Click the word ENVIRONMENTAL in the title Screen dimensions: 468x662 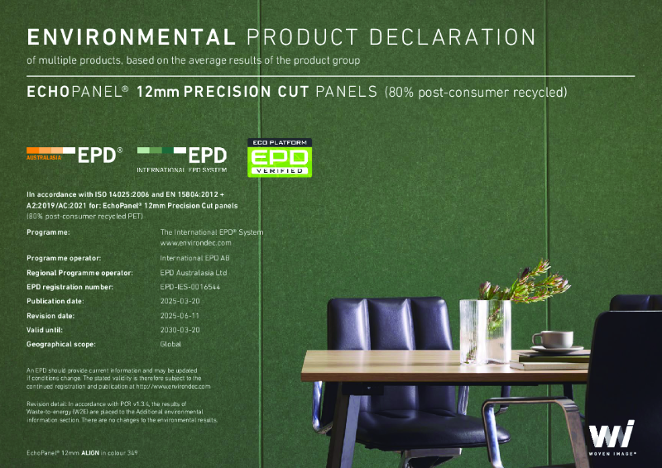click(x=131, y=36)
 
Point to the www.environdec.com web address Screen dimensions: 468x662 click(x=195, y=243)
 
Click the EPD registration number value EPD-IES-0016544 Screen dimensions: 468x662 click(x=191, y=286)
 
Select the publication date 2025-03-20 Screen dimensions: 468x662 click(x=180, y=301)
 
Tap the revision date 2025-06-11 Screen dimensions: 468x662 click(x=180, y=316)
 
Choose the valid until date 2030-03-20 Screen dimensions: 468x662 click(x=180, y=329)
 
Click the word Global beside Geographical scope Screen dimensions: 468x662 click(x=170, y=343)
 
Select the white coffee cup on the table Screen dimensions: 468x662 click(x=551, y=339)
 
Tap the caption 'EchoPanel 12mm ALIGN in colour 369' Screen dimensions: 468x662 click(x=81, y=454)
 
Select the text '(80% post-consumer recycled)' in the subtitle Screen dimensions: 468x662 click(x=475, y=91)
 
